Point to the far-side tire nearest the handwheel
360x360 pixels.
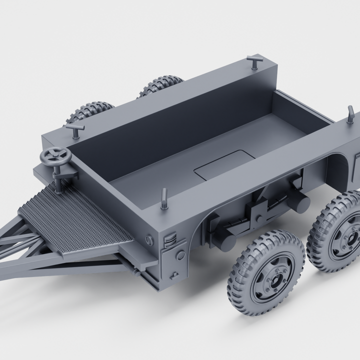(x=90, y=111)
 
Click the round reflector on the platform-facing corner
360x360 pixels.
(x=148, y=240)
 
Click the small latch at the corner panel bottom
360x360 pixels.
(x=173, y=275)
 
